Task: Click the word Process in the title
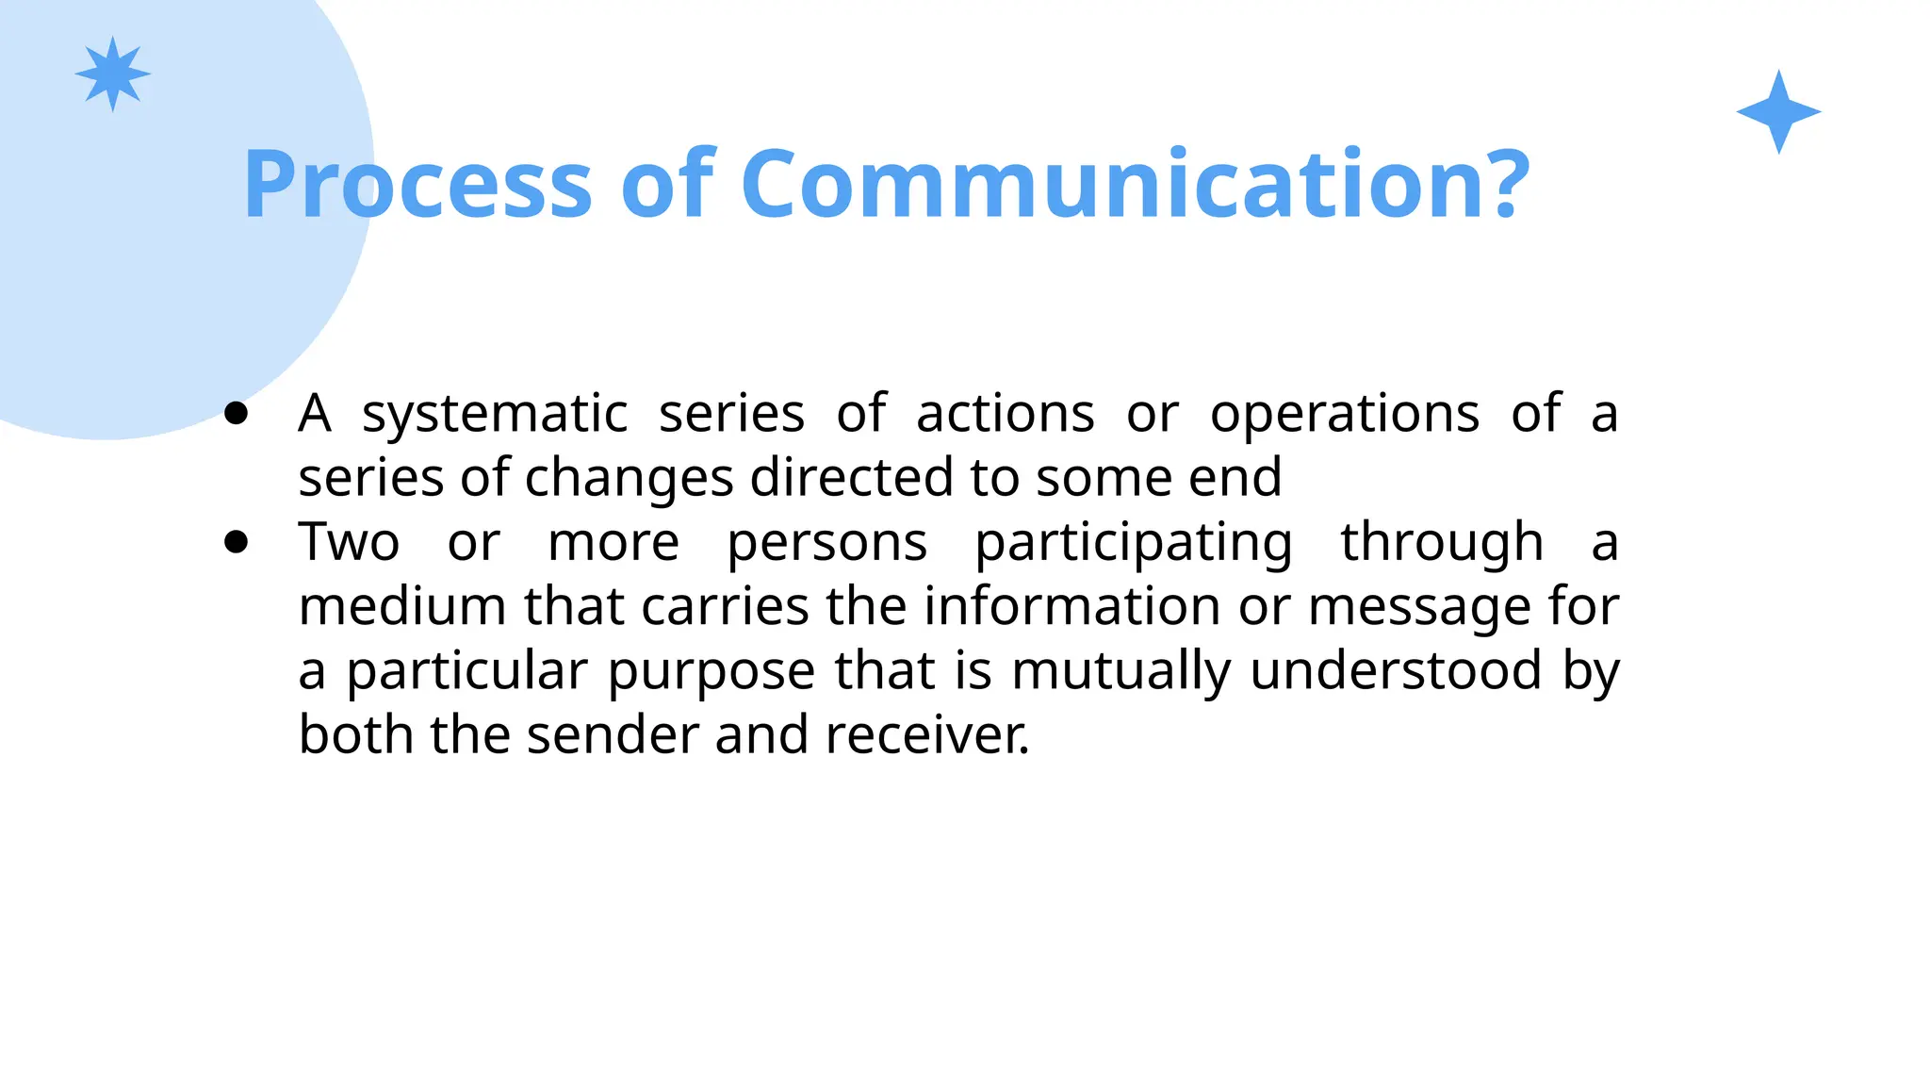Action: [x=417, y=185]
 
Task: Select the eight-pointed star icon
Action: [x=113, y=74]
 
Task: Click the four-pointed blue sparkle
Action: [x=1778, y=112]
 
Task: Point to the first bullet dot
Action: [x=237, y=413]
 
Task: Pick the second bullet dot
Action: [x=237, y=542]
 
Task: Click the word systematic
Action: [x=495, y=415]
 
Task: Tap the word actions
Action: [x=1005, y=415]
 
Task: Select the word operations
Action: [x=1344, y=415]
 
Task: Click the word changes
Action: [x=629, y=479]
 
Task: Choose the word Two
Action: [x=349, y=542]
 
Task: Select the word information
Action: [x=1071, y=606]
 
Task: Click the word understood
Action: [x=1396, y=670]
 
